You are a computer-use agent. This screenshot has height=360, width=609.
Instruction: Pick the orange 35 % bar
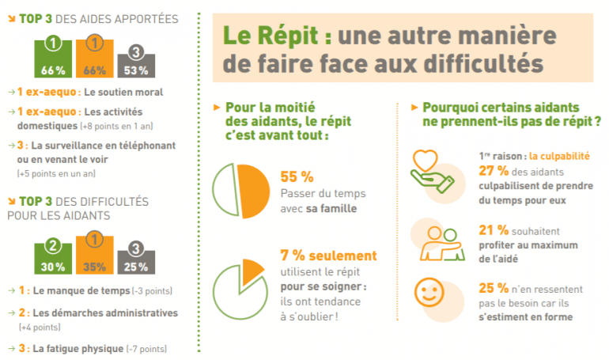pos(94,255)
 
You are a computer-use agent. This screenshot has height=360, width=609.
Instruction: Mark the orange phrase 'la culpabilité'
pos(560,157)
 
